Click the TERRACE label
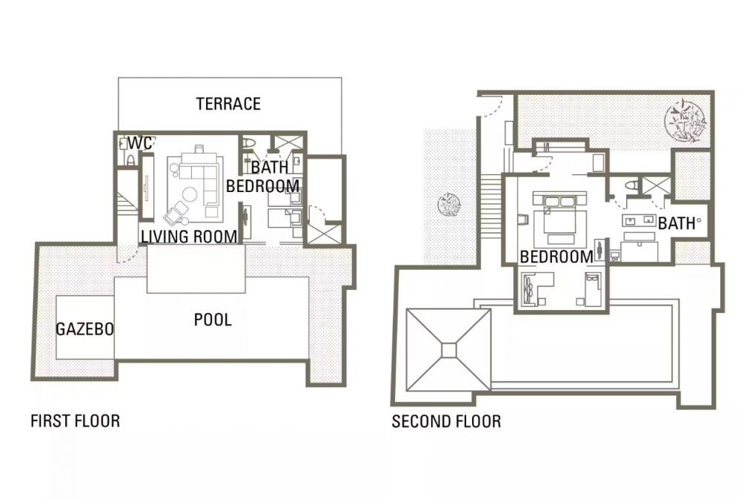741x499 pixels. coord(228,104)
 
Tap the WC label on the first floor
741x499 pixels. coord(140,142)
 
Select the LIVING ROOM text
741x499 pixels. coord(190,236)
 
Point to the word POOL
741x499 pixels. coord(213,320)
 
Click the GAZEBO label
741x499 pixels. coord(85,328)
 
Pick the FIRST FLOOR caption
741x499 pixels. coord(75,420)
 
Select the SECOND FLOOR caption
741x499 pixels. coord(446,421)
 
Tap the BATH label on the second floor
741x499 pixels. coord(677,223)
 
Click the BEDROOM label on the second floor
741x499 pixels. coord(556,257)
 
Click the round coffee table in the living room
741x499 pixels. coord(190,195)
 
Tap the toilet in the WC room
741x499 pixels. coord(130,159)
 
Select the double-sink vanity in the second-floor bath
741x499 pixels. coord(639,220)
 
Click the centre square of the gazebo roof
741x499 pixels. coord(449,351)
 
